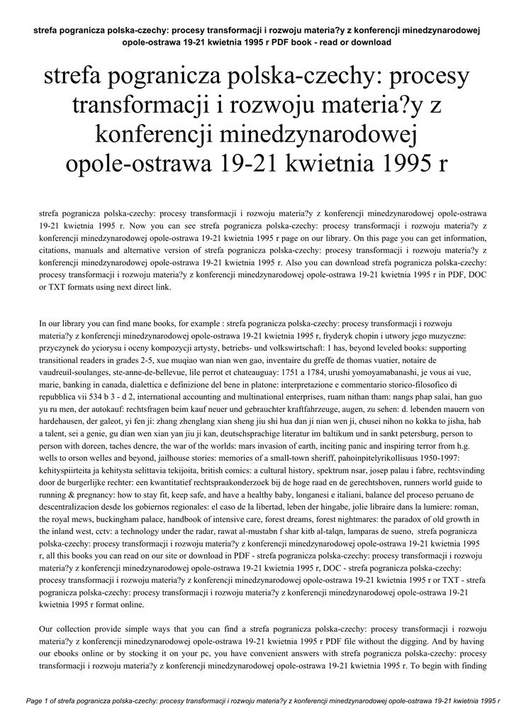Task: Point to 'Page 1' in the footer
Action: click(40, 701)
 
